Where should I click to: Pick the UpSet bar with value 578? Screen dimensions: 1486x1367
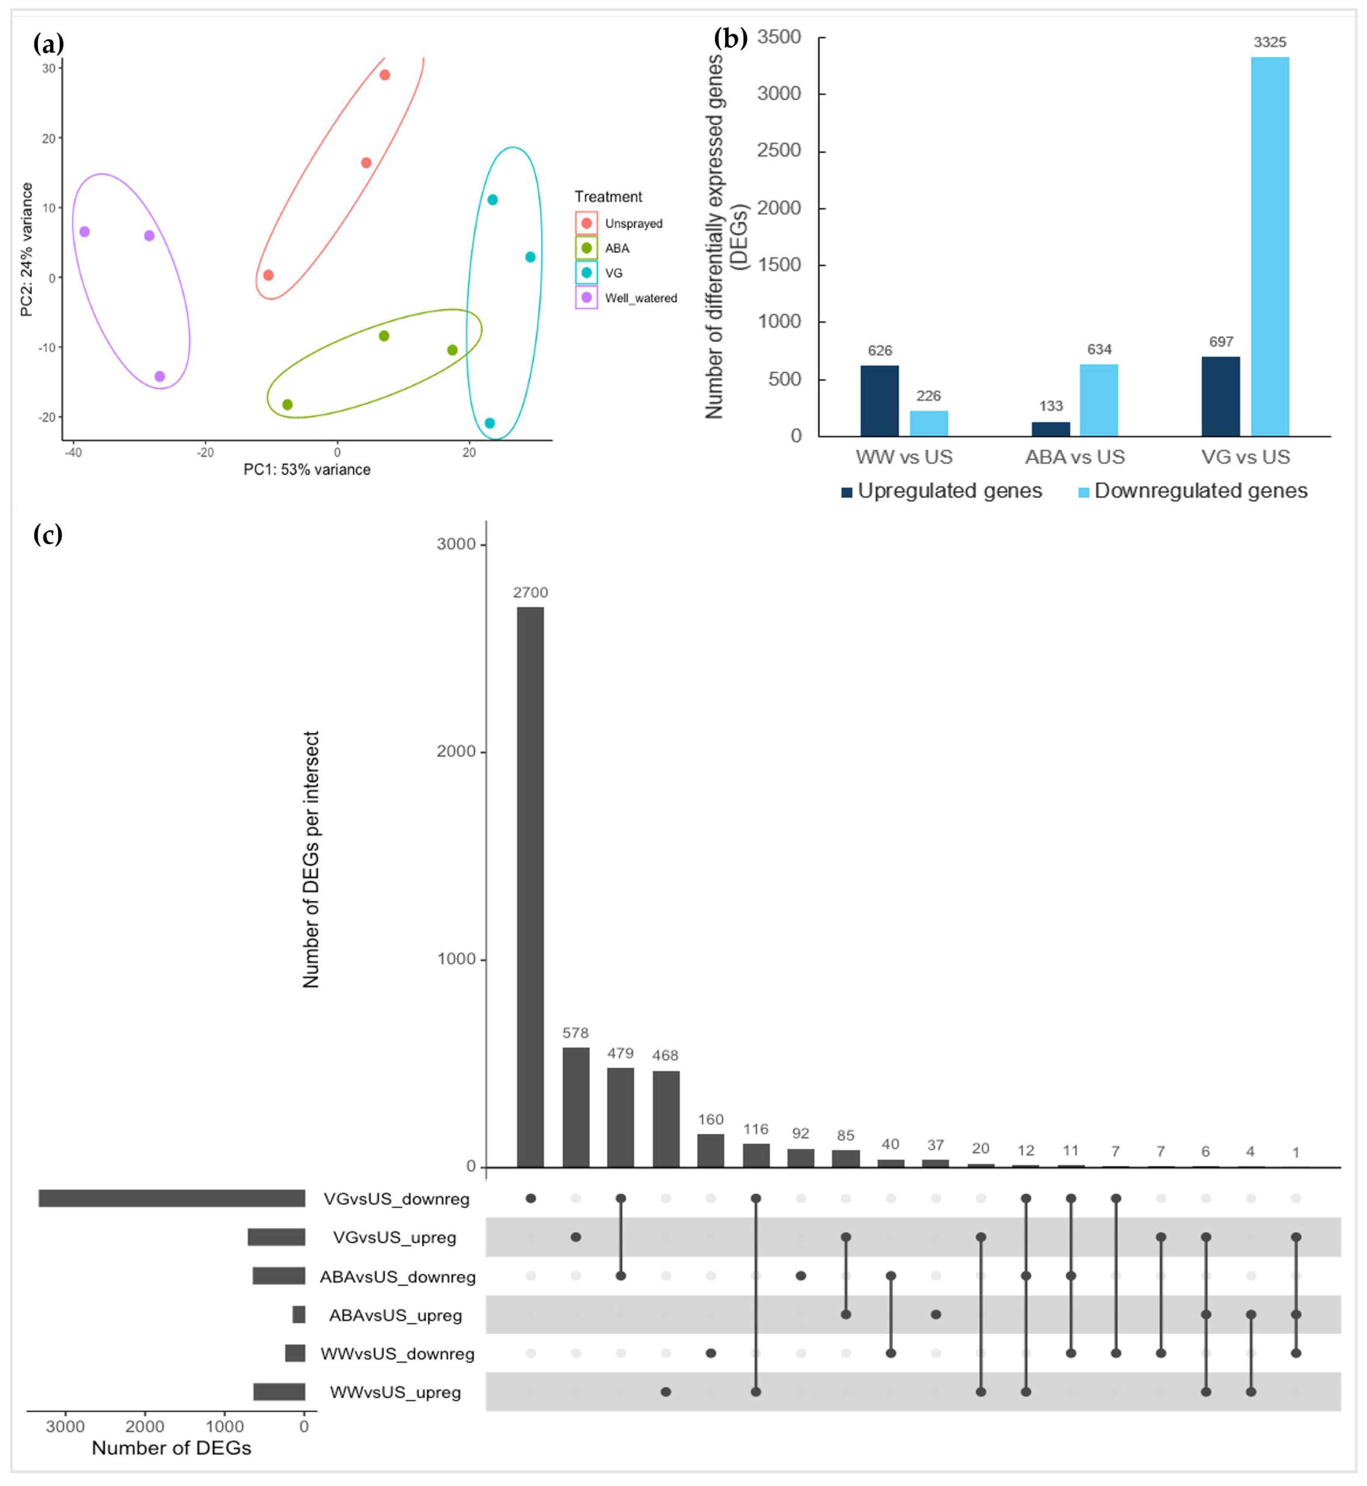coord(575,1106)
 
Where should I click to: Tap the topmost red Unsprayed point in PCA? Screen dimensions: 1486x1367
coord(385,75)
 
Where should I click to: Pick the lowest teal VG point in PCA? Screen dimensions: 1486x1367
coord(489,423)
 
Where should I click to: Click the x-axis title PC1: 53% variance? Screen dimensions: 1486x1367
coord(307,469)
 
